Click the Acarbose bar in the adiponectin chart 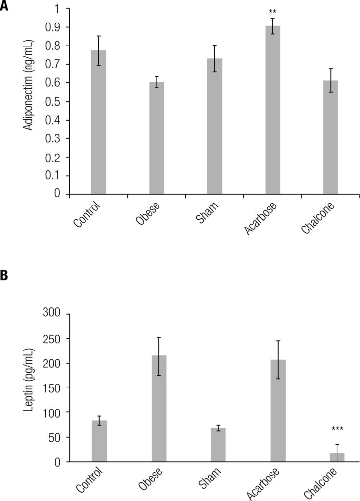coord(272,110)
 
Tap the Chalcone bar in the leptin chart coord(337,457)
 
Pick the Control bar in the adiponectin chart coord(98,122)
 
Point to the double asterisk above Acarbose coord(272,11)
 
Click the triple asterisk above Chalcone coord(337,429)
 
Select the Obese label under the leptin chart coord(150,481)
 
